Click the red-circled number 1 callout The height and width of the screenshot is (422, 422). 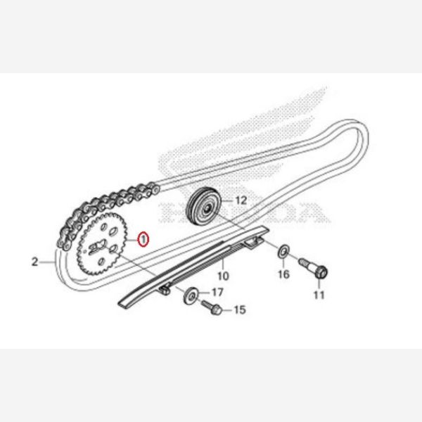[x=143, y=239]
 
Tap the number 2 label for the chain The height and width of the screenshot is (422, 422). [x=35, y=262]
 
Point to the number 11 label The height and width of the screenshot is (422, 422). [x=319, y=295]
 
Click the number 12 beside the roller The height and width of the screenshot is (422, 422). [x=241, y=200]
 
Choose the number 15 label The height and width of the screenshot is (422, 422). [x=239, y=309]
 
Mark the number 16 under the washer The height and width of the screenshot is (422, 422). [x=283, y=273]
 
